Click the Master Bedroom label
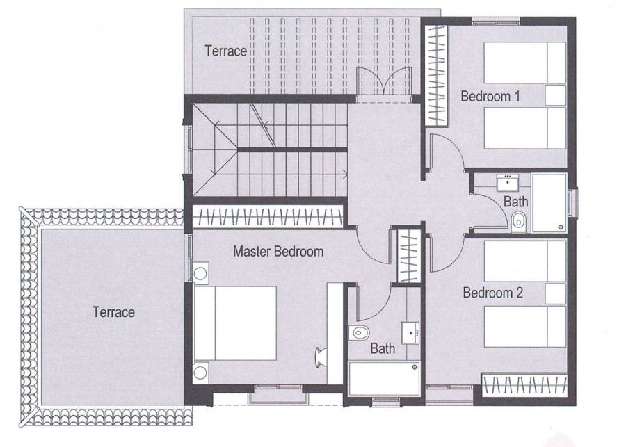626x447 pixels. (278, 251)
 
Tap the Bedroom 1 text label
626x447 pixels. (490, 97)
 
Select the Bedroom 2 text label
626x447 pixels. (492, 293)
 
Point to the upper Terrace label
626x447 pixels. (225, 51)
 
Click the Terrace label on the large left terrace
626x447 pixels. (113, 312)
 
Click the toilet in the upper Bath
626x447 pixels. (518, 222)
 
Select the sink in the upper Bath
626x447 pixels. (508, 183)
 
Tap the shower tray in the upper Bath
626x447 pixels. (549, 203)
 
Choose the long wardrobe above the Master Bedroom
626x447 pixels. (268, 218)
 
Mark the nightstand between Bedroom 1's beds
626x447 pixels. (556, 95)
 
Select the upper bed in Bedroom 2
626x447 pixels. (525, 261)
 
